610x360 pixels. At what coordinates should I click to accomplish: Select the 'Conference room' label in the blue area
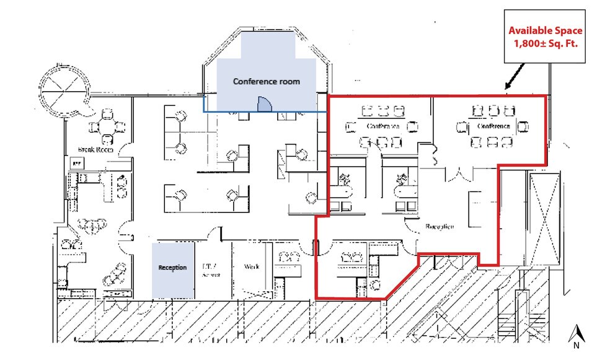click(x=266, y=81)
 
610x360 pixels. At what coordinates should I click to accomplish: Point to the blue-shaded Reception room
click(x=172, y=268)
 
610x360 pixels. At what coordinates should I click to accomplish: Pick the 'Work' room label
click(x=251, y=267)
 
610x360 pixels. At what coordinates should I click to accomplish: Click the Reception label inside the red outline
click(x=440, y=226)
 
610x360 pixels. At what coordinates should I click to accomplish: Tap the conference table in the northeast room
click(x=493, y=126)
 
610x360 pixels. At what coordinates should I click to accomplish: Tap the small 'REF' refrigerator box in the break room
click(x=77, y=163)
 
